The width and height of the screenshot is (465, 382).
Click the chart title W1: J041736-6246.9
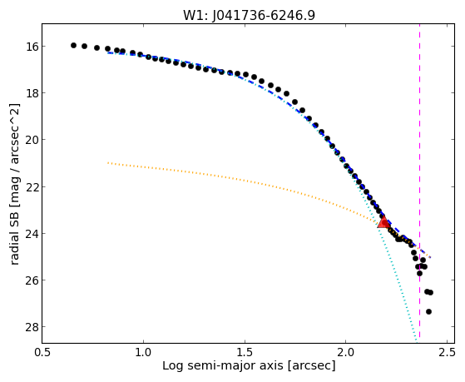pyautogui.click(x=249, y=15)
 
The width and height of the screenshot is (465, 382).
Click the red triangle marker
pyautogui.click(x=383, y=221)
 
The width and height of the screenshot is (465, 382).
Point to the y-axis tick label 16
pyautogui.click(x=31, y=47)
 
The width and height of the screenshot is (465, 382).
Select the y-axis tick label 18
pyautogui.click(x=31, y=93)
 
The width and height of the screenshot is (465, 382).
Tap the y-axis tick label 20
pyautogui.click(x=31, y=140)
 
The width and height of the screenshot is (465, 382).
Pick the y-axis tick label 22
pyautogui.click(x=31, y=186)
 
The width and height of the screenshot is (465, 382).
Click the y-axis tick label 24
pyautogui.click(x=31, y=233)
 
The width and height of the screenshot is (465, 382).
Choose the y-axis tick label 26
pyautogui.click(x=31, y=280)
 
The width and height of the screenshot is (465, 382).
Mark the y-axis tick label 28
pyautogui.click(x=31, y=327)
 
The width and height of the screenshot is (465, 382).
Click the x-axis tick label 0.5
pyautogui.click(x=42, y=352)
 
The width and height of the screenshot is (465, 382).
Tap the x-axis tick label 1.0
pyautogui.click(x=144, y=352)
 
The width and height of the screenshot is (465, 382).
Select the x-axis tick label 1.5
pyautogui.click(x=245, y=352)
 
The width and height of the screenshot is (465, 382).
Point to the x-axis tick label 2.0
pyautogui.click(x=346, y=352)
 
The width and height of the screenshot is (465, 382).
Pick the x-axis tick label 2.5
pyautogui.click(x=447, y=352)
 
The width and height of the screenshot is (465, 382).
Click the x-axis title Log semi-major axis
pyautogui.click(x=223, y=365)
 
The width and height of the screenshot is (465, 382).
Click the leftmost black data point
pyautogui.click(x=73, y=46)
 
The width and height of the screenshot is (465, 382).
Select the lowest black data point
pyautogui.click(x=428, y=311)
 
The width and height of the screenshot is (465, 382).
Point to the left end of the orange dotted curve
pyautogui.click(x=108, y=162)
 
